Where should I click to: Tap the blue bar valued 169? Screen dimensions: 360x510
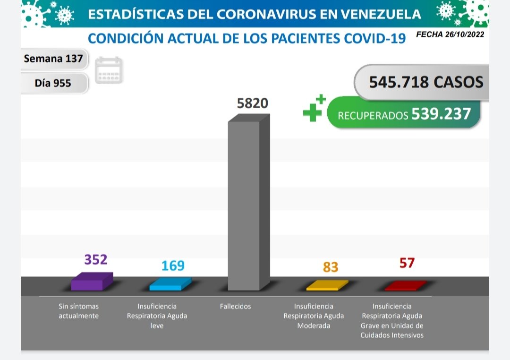170,284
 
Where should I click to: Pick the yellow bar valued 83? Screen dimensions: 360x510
326,286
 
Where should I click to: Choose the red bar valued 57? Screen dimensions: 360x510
405,286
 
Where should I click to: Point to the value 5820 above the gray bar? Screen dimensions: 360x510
252,103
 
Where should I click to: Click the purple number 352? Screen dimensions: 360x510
96,259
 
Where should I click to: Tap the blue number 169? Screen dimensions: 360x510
173,266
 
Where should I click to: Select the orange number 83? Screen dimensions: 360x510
331,267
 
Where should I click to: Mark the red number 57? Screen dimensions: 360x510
407,263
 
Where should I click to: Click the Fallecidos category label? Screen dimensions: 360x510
235,307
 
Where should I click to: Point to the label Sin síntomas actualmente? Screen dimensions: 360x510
78,311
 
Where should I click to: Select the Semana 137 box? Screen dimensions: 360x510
53,59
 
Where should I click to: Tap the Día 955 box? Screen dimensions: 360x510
53,83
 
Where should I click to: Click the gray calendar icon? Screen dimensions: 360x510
109,70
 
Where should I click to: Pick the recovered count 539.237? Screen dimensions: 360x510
441,114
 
